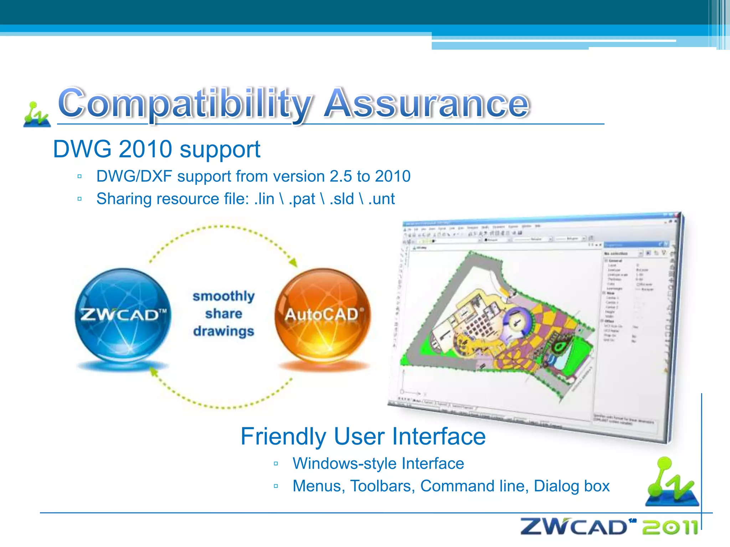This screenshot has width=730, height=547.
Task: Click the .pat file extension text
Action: coord(302,199)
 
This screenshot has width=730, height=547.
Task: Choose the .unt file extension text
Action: coord(381,199)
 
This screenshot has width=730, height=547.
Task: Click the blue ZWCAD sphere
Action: coord(123,316)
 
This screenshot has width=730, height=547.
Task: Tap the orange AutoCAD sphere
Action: coord(323,315)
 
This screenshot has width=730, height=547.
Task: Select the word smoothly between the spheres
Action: coord(223,296)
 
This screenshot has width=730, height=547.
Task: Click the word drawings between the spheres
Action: coord(223,331)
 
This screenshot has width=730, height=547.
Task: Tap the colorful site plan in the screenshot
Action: coord(499,321)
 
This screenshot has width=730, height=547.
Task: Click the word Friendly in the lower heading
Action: coord(283,437)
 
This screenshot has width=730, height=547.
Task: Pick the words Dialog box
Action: coord(572,486)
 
